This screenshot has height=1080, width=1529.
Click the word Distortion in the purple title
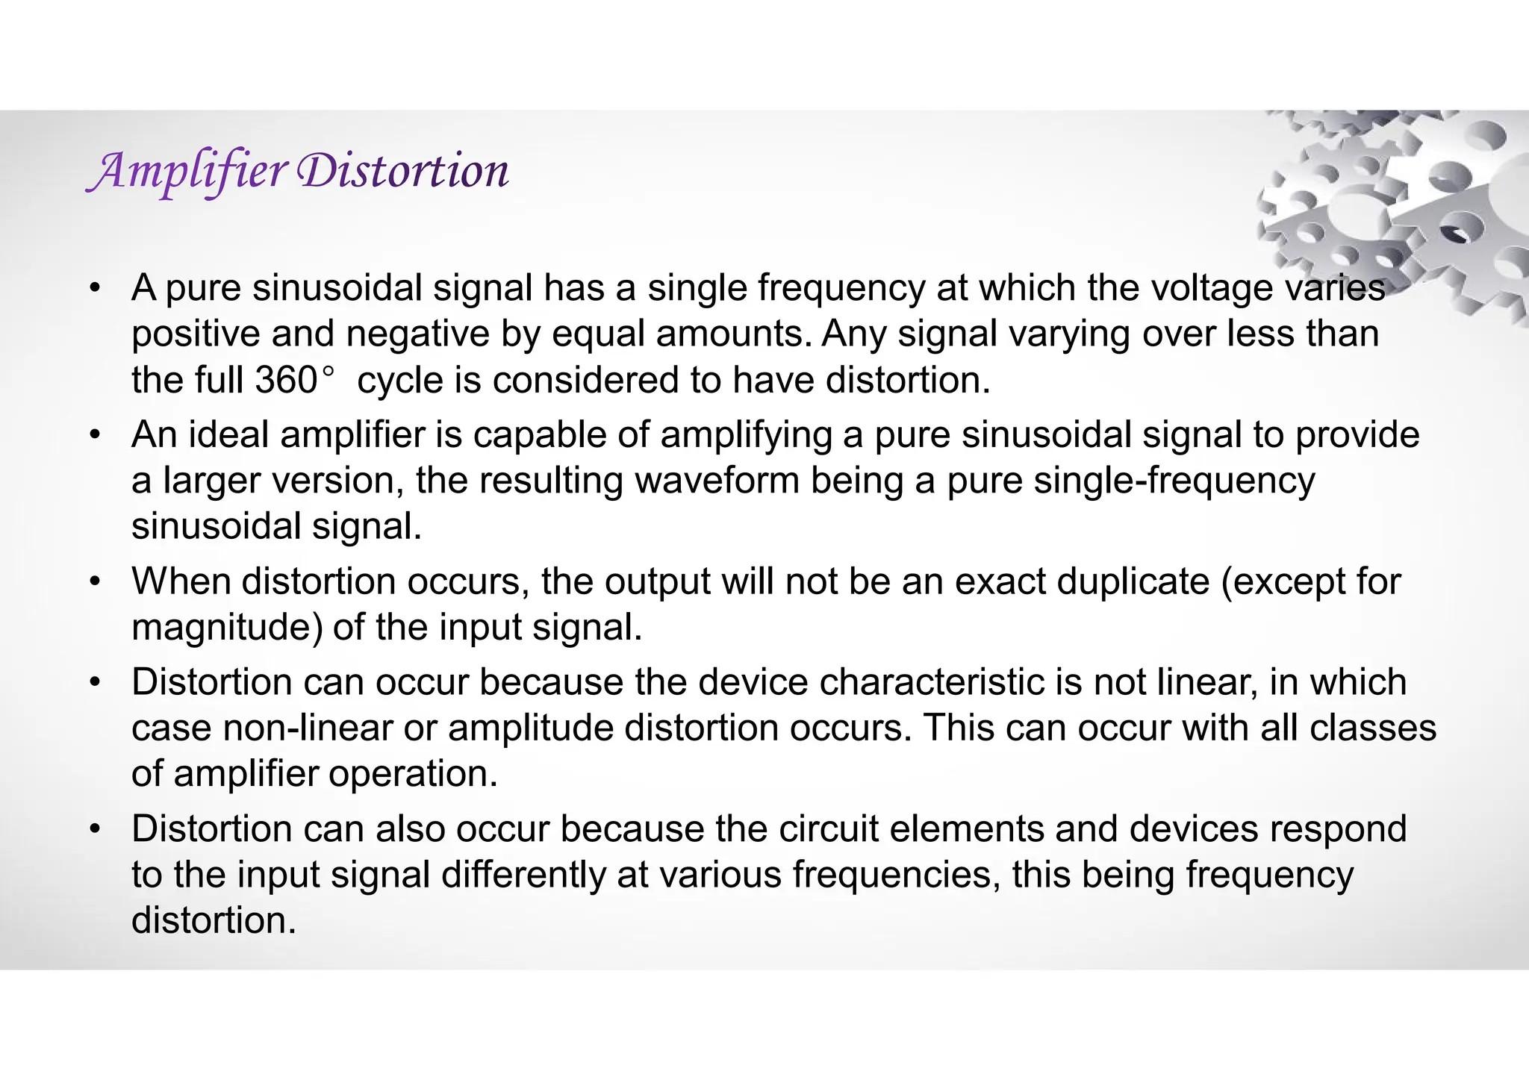pos(402,171)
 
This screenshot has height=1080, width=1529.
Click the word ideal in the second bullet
pos(228,434)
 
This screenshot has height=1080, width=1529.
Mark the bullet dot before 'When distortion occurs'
pos(93,582)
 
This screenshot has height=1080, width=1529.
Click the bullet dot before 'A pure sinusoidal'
pos(93,289)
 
